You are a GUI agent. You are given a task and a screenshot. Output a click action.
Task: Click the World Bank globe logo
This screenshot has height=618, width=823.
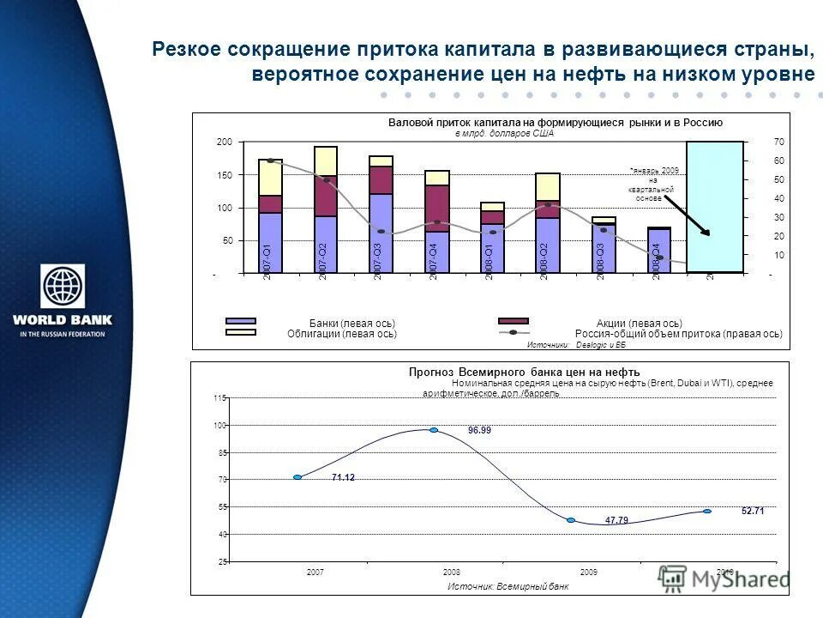coord(63,288)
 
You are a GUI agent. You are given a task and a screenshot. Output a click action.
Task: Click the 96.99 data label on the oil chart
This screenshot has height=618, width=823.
coord(479,430)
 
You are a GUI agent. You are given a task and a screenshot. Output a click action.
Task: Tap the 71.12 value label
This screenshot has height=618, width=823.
coord(343,478)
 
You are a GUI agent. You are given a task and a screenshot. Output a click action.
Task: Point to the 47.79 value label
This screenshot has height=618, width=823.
coord(616,520)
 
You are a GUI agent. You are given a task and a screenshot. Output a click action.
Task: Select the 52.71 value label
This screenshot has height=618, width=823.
coord(753,511)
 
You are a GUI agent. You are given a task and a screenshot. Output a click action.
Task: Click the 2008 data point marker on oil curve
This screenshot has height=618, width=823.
coord(434,429)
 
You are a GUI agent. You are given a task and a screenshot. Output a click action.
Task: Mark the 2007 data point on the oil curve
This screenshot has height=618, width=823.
coord(297,477)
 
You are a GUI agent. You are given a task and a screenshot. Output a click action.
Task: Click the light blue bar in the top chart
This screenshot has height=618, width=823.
coord(715,206)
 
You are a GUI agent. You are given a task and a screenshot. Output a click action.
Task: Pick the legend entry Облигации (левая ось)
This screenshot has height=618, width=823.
coord(342,333)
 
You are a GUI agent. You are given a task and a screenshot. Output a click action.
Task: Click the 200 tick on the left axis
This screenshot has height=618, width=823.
coord(225,142)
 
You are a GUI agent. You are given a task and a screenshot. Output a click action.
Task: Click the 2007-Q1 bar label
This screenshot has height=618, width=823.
coord(267,258)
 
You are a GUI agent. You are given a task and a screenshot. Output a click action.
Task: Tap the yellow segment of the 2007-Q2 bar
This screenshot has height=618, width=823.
coord(326,161)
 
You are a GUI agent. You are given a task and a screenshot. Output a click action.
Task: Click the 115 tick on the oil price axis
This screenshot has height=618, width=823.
coord(220,398)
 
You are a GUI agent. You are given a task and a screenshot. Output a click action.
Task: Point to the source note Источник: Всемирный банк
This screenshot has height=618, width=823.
coord(508,586)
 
